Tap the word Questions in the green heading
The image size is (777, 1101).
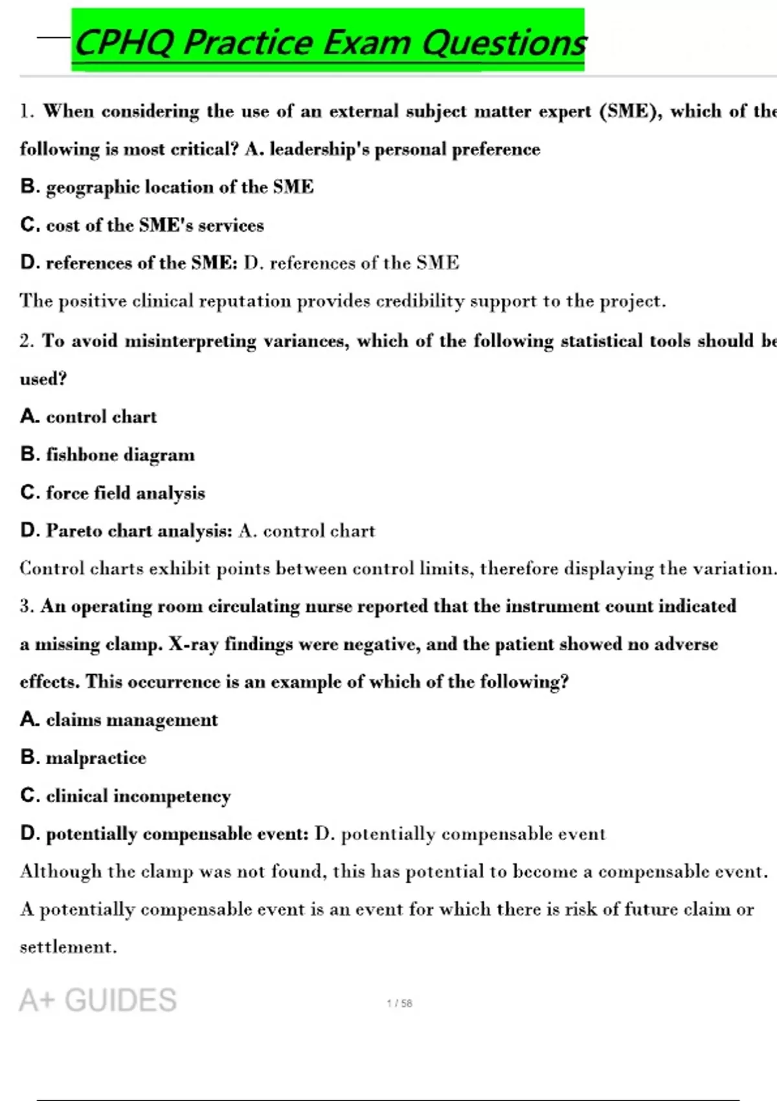click(504, 43)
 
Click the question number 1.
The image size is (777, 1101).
click(26, 111)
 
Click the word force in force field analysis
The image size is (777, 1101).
click(67, 493)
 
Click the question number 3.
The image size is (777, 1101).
click(26, 606)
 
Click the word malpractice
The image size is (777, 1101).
click(96, 758)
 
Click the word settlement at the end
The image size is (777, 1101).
click(67, 947)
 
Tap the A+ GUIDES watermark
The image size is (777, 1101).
click(98, 1001)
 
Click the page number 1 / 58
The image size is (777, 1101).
click(400, 1003)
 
